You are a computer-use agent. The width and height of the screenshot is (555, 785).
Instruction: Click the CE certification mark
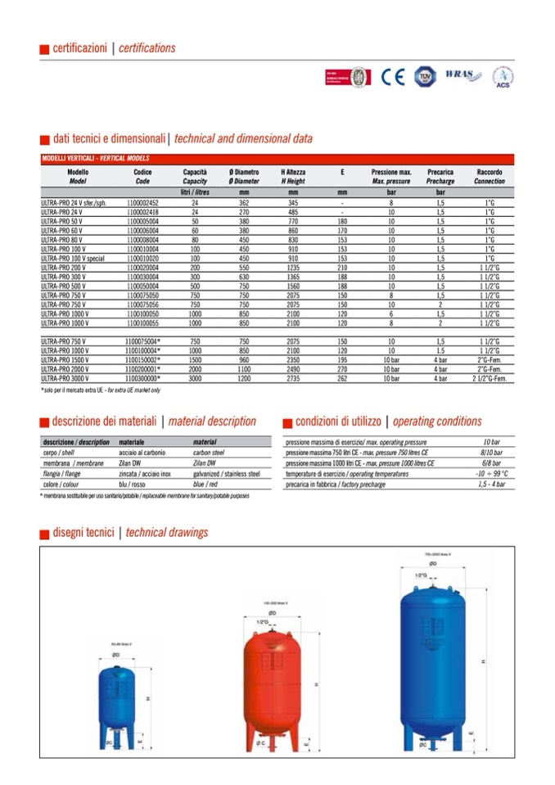[393, 76]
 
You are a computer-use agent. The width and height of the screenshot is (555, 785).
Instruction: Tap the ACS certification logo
[502, 77]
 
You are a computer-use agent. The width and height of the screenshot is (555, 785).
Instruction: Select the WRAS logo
[463, 76]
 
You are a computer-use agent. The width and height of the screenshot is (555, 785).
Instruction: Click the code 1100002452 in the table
[142, 201]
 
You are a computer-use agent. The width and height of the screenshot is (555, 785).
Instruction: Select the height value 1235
[293, 267]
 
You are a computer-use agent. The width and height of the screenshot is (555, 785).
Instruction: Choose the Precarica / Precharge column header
[440, 177]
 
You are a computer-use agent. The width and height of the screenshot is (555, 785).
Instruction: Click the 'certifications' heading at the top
[147, 48]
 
